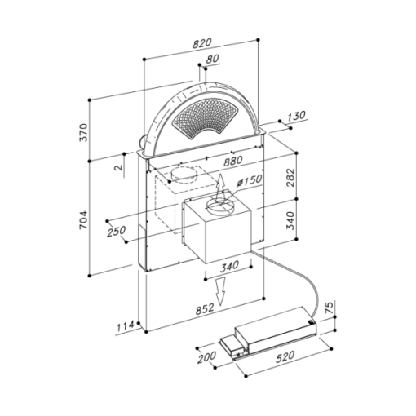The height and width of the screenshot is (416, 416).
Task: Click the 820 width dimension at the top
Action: coord(201,44)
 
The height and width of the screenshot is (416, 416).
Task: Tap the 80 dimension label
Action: coord(212,59)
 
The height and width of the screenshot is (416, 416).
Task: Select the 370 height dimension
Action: coord(84,132)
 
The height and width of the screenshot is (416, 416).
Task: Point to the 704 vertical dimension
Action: coord(84,219)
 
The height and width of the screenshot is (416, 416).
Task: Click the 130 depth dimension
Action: coord(296,117)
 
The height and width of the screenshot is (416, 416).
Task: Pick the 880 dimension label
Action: coord(232,161)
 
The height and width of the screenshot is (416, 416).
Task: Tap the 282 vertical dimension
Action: coord(290,178)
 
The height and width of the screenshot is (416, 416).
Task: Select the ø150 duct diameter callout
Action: coord(250,180)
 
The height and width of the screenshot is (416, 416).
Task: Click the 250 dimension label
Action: coord(116,232)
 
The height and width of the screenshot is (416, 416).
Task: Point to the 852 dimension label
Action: coord(205,309)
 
